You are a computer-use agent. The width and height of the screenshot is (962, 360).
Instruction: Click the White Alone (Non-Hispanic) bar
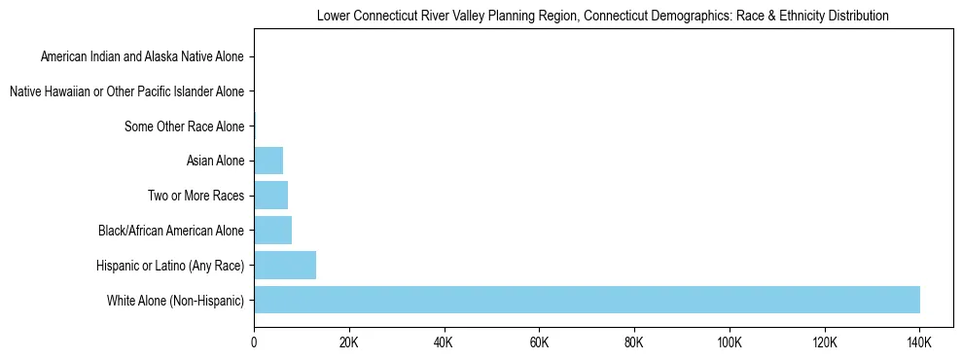(x=587, y=300)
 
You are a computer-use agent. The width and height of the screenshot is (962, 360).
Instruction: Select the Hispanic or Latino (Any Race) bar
(x=285, y=265)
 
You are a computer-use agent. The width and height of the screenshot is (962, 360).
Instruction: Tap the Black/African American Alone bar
(x=272, y=231)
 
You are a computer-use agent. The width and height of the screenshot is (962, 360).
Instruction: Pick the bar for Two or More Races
(x=270, y=196)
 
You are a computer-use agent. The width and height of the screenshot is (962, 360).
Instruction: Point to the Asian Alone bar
(x=268, y=161)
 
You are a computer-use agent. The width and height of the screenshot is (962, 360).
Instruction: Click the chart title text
(x=603, y=17)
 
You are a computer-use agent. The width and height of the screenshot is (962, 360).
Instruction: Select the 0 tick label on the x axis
(x=254, y=343)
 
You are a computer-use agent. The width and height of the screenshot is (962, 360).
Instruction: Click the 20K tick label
(x=348, y=343)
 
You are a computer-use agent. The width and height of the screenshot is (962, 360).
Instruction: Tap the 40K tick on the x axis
(x=444, y=343)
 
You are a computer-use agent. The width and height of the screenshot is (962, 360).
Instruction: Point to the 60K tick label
(x=539, y=343)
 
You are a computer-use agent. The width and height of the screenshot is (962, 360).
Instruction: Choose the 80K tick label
(x=634, y=343)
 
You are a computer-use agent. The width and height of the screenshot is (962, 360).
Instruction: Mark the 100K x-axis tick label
(x=729, y=343)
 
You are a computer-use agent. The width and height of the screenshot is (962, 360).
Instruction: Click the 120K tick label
(x=824, y=343)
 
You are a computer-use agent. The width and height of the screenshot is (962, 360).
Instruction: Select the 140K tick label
(x=919, y=343)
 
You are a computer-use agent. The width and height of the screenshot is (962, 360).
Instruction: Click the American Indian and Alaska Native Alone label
(x=143, y=57)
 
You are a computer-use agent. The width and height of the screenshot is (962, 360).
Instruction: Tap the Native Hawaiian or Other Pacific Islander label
(x=126, y=92)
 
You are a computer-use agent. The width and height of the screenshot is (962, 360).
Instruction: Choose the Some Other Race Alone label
(x=185, y=126)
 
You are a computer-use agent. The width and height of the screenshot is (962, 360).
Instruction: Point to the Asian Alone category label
(x=215, y=162)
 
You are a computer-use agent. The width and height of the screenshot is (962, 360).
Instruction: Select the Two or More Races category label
(x=196, y=197)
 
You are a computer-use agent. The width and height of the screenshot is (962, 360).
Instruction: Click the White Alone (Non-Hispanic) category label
(x=176, y=301)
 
